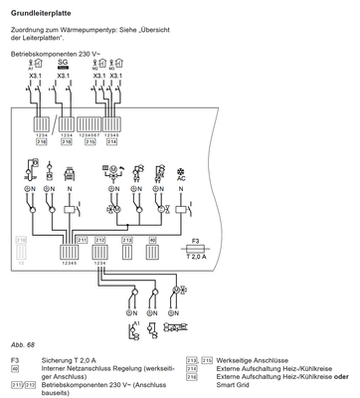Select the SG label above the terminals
tap(65, 63)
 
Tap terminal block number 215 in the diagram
tap(92, 142)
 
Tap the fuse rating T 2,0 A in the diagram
tap(195, 256)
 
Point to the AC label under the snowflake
tap(180, 179)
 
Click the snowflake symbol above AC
tap(180, 168)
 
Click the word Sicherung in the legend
tap(57, 358)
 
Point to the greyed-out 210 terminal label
tap(21, 239)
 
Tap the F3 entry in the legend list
tap(13, 358)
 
